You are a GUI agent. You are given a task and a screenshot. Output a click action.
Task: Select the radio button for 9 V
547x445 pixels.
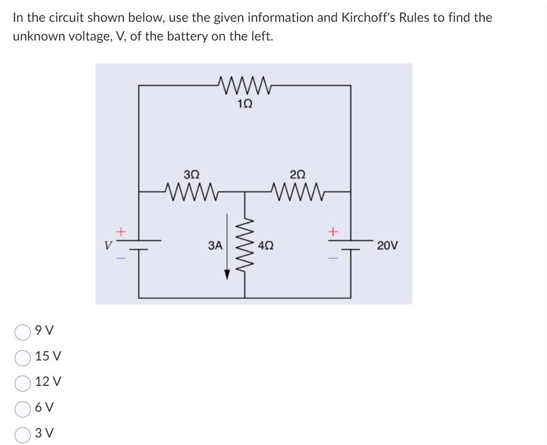point(23,331)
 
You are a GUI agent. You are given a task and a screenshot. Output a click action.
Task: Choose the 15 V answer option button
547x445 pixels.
point(23,356)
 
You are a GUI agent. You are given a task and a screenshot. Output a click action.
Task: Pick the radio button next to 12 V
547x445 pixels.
point(23,382)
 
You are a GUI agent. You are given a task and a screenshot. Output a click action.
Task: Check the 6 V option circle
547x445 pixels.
point(23,408)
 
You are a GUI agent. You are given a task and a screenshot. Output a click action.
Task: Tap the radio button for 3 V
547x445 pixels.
point(23,433)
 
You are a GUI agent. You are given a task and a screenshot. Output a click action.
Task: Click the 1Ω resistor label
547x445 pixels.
point(245,104)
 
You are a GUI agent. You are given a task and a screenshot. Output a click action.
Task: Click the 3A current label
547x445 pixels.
point(215,245)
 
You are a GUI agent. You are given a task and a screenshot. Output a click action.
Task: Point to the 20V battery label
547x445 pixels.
point(388,245)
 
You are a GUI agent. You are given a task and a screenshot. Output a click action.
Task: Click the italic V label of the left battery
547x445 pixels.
point(107,245)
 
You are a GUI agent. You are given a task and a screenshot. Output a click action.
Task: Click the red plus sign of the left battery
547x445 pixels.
point(121,231)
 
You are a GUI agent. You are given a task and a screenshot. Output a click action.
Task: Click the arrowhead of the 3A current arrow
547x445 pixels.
point(227,275)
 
